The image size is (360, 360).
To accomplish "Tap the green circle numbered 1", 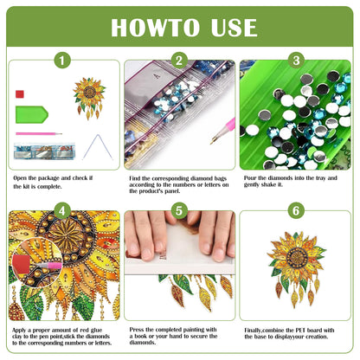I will click(x=61, y=61).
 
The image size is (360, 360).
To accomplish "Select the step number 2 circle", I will click(x=179, y=61).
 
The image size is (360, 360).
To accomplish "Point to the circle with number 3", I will click(x=296, y=61).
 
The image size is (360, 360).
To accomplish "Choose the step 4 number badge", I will click(x=61, y=210).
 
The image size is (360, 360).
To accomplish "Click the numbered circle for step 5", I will click(x=179, y=210).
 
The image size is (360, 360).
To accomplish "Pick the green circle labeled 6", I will click(x=296, y=210).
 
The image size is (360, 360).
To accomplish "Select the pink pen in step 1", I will click(x=38, y=134).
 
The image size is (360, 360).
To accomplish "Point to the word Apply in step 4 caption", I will click(x=22, y=329).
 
